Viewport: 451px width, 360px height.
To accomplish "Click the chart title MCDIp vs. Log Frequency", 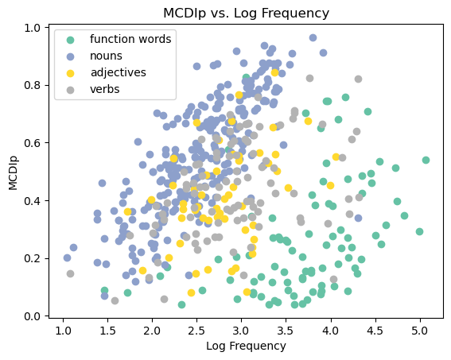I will click(x=246, y=13).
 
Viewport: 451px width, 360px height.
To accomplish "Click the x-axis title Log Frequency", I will click(x=246, y=346).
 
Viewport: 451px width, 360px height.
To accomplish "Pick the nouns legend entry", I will click(x=107, y=56).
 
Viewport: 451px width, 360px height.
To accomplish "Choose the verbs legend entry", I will click(x=105, y=89).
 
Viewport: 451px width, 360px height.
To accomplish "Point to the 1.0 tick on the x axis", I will click(x=63, y=329).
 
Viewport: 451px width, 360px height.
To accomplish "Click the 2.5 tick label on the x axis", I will click(x=196, y=329).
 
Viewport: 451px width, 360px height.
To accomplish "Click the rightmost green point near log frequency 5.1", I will click(x=426, y=160).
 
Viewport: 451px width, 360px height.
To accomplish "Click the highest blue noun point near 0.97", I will click(x=313, y=37).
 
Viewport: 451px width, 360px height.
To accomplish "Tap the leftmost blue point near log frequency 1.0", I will click(x=67, y=257).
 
